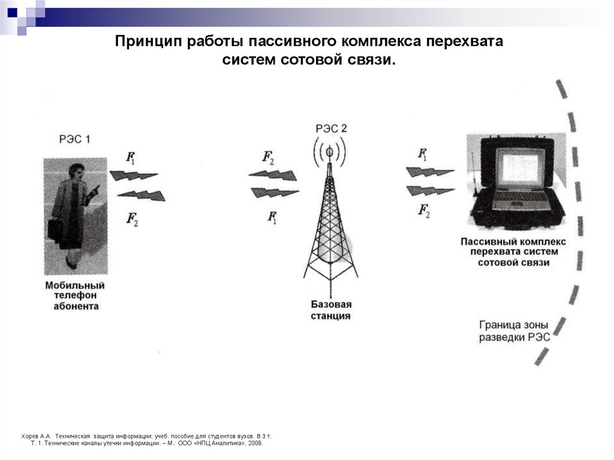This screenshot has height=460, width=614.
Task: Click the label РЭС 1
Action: click(74, 139)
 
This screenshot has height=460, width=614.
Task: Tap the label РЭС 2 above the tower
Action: click(331, 128)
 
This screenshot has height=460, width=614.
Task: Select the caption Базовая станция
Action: click(331, 310)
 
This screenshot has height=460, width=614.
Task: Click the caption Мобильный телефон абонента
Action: click(75, 296)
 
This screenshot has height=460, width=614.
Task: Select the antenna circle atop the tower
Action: click(330, 151)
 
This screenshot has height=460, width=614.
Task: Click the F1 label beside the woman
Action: click(130, 158)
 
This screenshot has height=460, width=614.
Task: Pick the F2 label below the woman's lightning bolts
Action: click(132, 219)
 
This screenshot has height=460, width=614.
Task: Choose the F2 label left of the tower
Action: click(268, 158)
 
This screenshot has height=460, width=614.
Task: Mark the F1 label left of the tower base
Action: click(272, 217)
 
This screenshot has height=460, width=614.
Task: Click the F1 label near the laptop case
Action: click(423, 154)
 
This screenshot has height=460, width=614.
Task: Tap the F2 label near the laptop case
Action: click(424, 211)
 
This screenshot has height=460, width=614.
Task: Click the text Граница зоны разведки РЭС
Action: click(514, 331)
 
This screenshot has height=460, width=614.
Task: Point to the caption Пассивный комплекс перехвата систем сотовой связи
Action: click(513, 252)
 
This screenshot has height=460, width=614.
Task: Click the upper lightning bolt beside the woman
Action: click(134, 176)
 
